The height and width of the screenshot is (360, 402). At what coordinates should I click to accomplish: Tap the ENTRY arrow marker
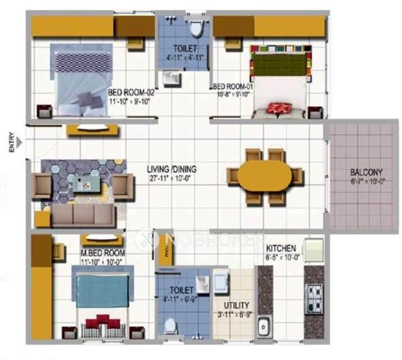(x=20, y=143)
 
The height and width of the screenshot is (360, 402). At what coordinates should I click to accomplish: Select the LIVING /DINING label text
(x=175, y=168)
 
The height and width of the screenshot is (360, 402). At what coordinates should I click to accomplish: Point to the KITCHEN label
(x=282, y=248)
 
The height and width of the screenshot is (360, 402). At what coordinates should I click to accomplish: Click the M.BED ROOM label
(x=102, y=253)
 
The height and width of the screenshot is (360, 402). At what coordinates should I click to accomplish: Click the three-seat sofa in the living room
(x=84, y=214)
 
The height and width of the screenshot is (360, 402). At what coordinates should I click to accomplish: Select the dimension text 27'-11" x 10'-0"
(x=175, y=178)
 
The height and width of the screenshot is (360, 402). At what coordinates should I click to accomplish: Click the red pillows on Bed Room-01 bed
(x=276, y=108)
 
